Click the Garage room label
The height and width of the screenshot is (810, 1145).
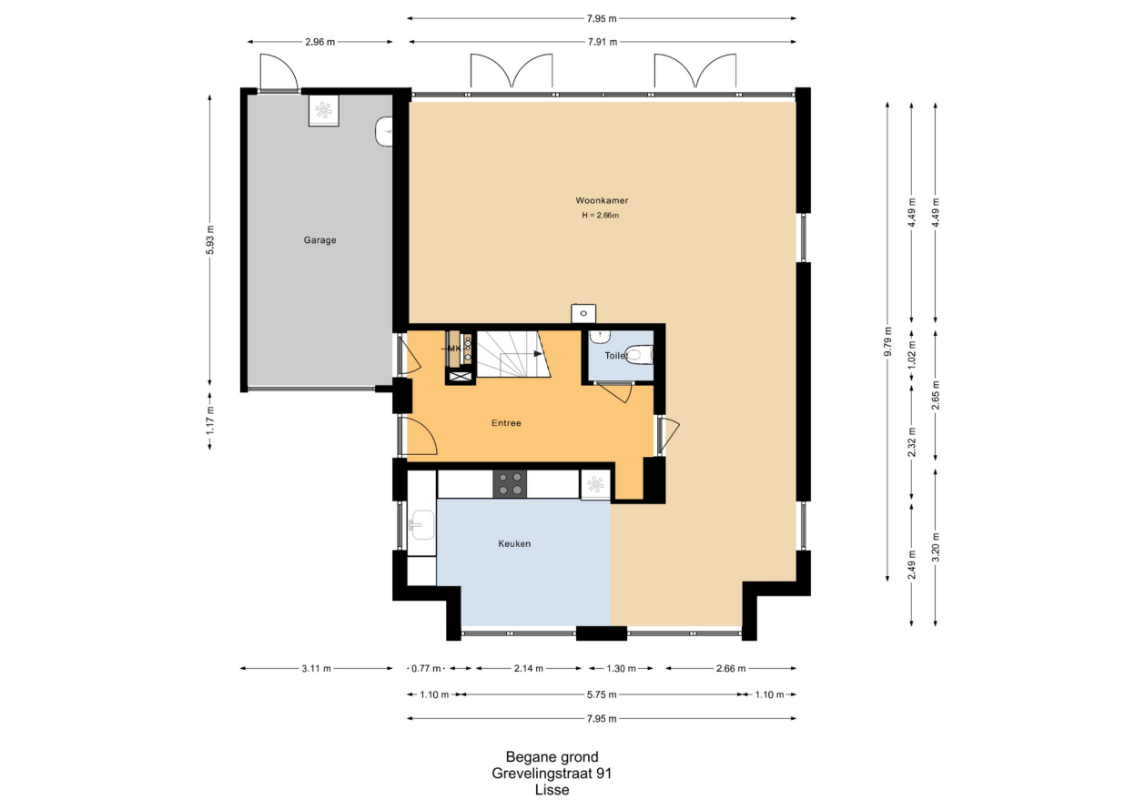[320, 239]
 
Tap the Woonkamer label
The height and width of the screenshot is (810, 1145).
[602, 200]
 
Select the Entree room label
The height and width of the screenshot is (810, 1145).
[506, 422]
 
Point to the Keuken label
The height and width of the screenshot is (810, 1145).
[514, 543]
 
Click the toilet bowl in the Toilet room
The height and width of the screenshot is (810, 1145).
[640, 355]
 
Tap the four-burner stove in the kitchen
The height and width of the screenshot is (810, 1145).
[510, 483]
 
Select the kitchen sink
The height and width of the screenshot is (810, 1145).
[421, 525]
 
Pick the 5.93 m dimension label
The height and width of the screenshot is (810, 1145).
[210, 239]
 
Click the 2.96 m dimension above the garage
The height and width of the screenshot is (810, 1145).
[320, 42]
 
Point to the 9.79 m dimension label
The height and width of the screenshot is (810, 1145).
[888, 341]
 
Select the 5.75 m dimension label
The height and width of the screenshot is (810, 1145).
[603, 694]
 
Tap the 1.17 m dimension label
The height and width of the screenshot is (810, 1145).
[210, 420]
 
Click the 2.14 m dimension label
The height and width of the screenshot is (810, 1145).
[529, 668]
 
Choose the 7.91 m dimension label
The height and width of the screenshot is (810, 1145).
[603, 42]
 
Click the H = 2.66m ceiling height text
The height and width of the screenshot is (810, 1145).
[600, 215]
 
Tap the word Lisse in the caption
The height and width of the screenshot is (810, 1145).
[552, 790]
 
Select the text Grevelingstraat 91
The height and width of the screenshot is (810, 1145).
[552, 774]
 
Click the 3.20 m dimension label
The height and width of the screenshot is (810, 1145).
[936, 547]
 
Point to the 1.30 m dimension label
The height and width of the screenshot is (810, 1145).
[621, 668]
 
